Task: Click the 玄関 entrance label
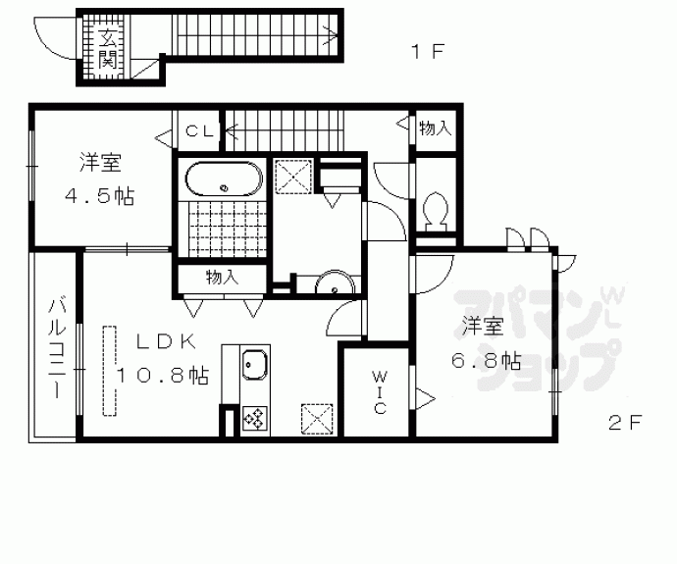tap(107, 48)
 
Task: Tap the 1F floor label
tap(428, 52)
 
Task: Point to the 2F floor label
tap(625, 423)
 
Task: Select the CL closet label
tap(199, 130)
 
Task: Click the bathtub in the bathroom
tap(224, 179)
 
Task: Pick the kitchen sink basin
tap(255, 365)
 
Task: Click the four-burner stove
tap(255, 419)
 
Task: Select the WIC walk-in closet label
tap(380, 392)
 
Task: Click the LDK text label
tap(167, 341)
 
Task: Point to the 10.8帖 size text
tap(162, 375)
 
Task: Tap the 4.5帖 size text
tap(100, 197)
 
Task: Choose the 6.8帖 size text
tap(486, 360)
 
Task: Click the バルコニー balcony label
tap(57, 347)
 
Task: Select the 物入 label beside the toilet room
tap(436, 128)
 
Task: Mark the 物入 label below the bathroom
tap(222, 278)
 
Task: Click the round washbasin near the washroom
tap(335, 283)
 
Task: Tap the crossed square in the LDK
tap(317, 419)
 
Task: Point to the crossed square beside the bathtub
tap(293, 177)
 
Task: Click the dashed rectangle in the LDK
tap(110, 371)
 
